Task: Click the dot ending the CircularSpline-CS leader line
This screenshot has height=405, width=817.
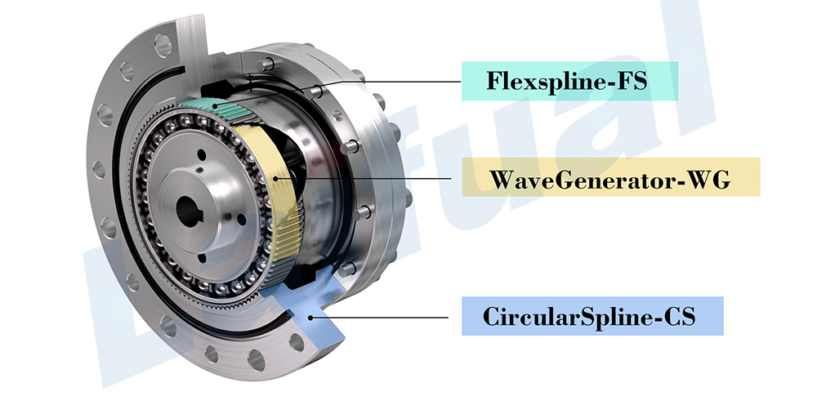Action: point(310,316)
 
